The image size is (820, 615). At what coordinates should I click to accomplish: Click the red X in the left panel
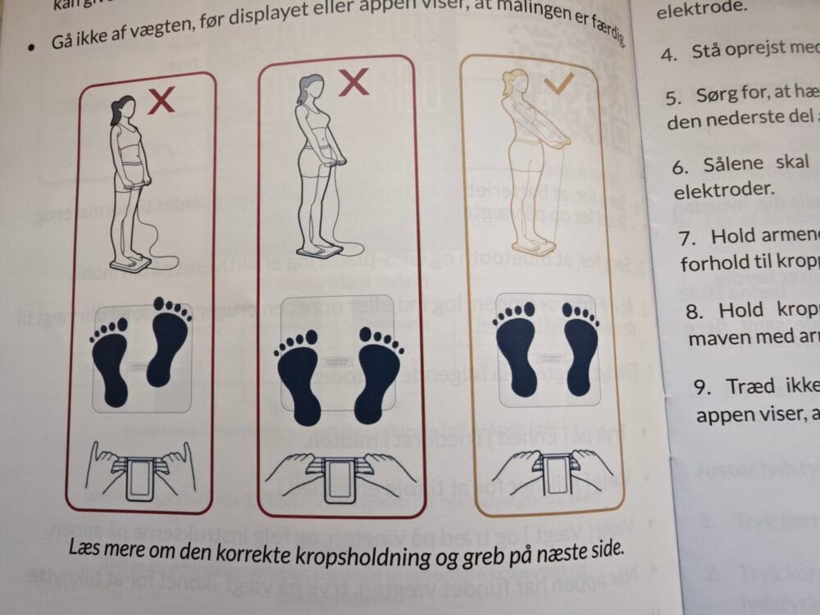pyautogui.click(x=162, y=101)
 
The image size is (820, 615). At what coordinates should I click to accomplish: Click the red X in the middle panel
pyautogui.click(x=353, y=82)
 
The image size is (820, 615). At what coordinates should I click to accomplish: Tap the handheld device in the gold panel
pyautogui.click(x=547, y=478)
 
